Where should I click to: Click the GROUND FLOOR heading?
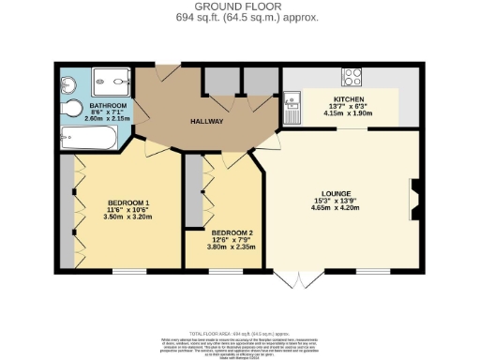coord(240,7)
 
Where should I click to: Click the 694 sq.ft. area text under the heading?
coord(240,17)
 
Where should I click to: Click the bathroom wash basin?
coord(68,82)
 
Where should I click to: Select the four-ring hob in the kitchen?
coord(354,77)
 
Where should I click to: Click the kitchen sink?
coord(293,105)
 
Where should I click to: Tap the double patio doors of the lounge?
coord(292,278)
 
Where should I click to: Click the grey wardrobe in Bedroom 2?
coord(193,193)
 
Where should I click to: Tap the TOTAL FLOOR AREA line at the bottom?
coord(240,334)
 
